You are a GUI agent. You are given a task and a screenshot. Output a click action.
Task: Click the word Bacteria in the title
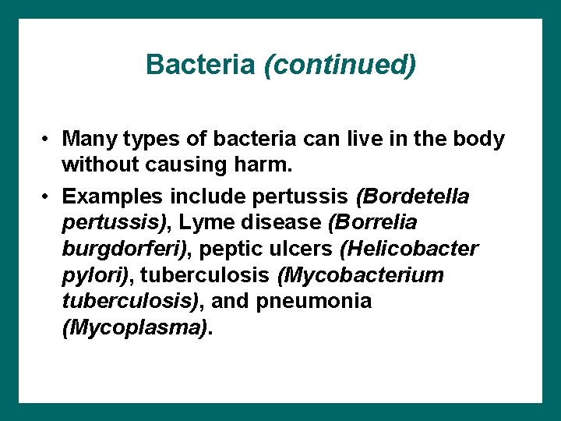tap(199, 64)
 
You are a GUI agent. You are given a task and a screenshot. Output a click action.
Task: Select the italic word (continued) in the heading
tap(340, 65)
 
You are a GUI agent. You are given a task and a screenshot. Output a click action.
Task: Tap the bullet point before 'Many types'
tap(48, 140)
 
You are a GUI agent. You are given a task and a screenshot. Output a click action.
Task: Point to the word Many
tap(87, 140)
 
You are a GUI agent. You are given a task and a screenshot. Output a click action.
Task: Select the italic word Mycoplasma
tap(135, 327)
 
